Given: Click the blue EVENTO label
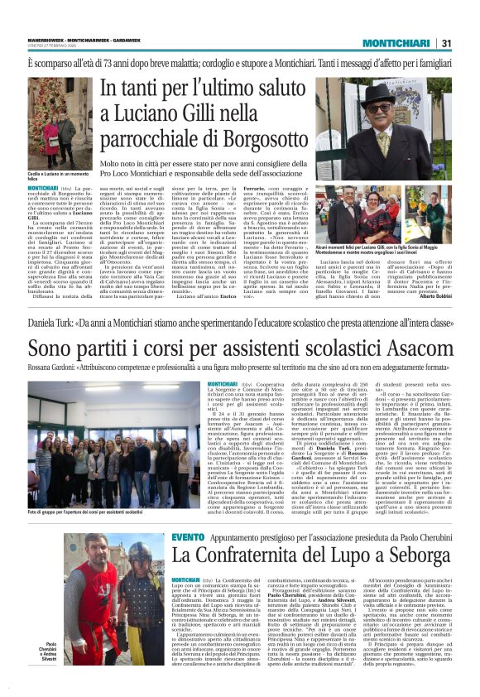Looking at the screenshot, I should [189, 537].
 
